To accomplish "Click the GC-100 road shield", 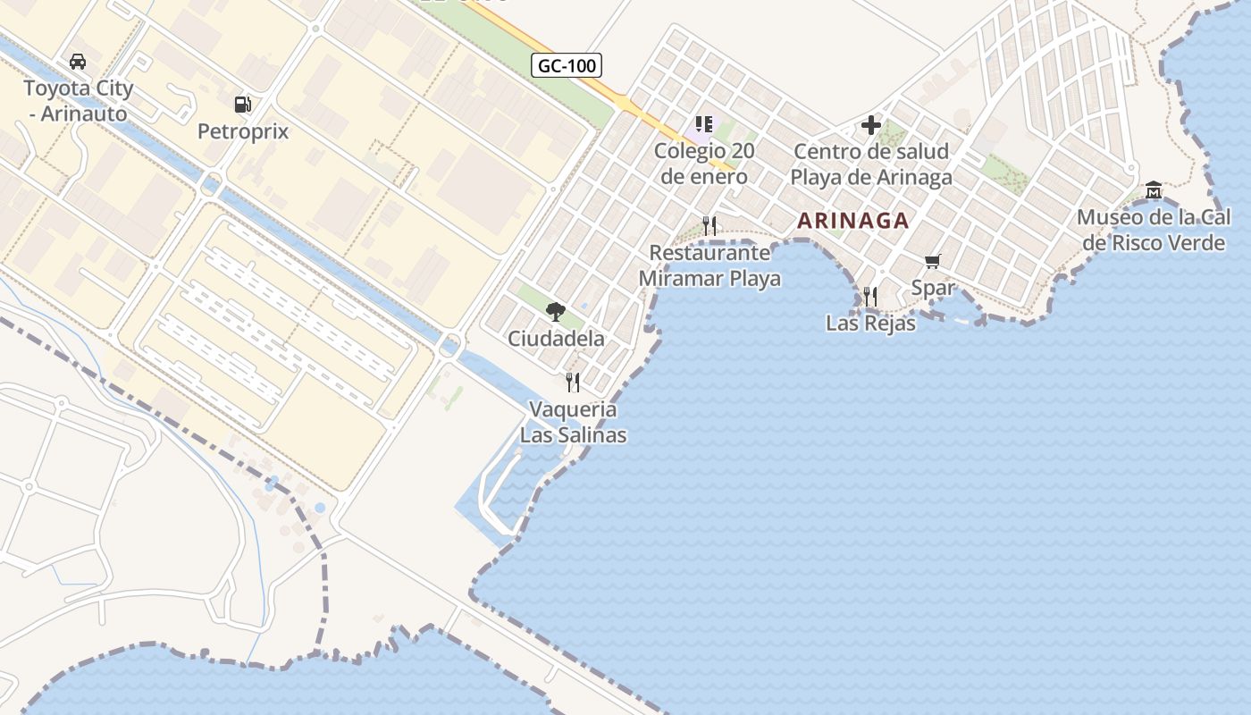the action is pos(567,65).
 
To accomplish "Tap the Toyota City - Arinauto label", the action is pos(78,101).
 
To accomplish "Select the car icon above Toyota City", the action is pos(78,62).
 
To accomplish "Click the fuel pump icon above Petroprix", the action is pos(242,105).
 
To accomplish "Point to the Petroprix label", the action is pos(243,131).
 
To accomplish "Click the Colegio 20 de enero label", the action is pos(704,163).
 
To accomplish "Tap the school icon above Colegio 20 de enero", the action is pos(704,124).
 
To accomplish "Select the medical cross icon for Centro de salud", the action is pos(871,125).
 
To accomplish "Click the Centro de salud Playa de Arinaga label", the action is pos(871,164).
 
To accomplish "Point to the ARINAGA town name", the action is pos(853,221).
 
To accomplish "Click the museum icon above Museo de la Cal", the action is pos(1154,189).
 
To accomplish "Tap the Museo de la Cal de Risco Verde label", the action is pos(1154,230).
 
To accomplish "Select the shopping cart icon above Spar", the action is pos(933,261).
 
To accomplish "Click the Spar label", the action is pos(933,288).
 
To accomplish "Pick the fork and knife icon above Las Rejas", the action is pos(870,296).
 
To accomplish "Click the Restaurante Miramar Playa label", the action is pos(709,265).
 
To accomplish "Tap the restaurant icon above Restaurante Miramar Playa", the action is pos(709,225).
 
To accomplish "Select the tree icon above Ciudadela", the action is pos(556,312).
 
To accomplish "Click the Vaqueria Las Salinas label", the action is pos(573,423).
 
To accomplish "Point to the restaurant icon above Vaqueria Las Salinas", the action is pos(573,383).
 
